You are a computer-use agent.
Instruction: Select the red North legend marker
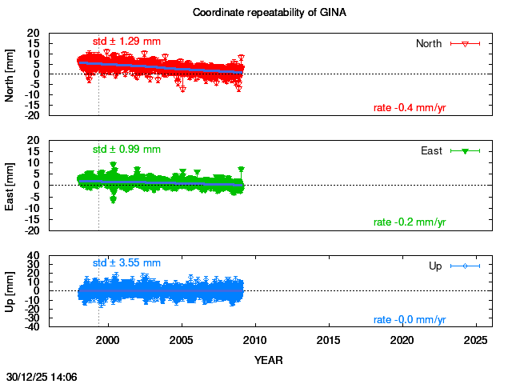[464, 43]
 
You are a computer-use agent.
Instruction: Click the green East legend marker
[464, 150]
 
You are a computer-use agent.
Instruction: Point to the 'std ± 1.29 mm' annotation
[126, 41]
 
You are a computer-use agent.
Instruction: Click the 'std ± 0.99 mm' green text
[126, 149]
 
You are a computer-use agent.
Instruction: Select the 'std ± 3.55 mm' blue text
[126, 262]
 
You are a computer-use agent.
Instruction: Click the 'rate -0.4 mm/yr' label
[410, 108]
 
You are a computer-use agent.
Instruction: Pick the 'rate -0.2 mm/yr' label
[410, 222]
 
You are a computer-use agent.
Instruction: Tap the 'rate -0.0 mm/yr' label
[410, 320]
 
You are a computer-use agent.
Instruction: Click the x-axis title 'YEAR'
[268, 360]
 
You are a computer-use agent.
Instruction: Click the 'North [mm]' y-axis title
[10, 74]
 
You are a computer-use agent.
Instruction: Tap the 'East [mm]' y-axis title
[10, 185]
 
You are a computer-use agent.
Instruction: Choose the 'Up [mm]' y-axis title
[10, 291]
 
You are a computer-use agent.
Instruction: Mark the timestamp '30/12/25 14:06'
[41, 375]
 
